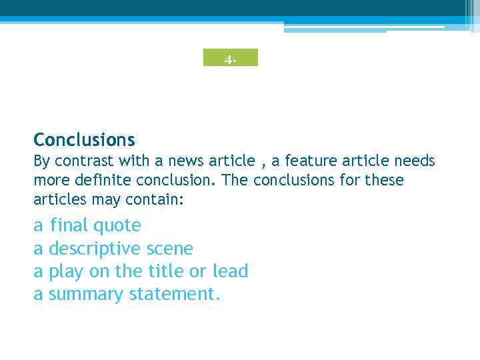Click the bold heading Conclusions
84,140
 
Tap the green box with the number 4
230,58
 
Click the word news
185,161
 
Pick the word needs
414,161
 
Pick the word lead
230,271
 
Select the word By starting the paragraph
42,161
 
